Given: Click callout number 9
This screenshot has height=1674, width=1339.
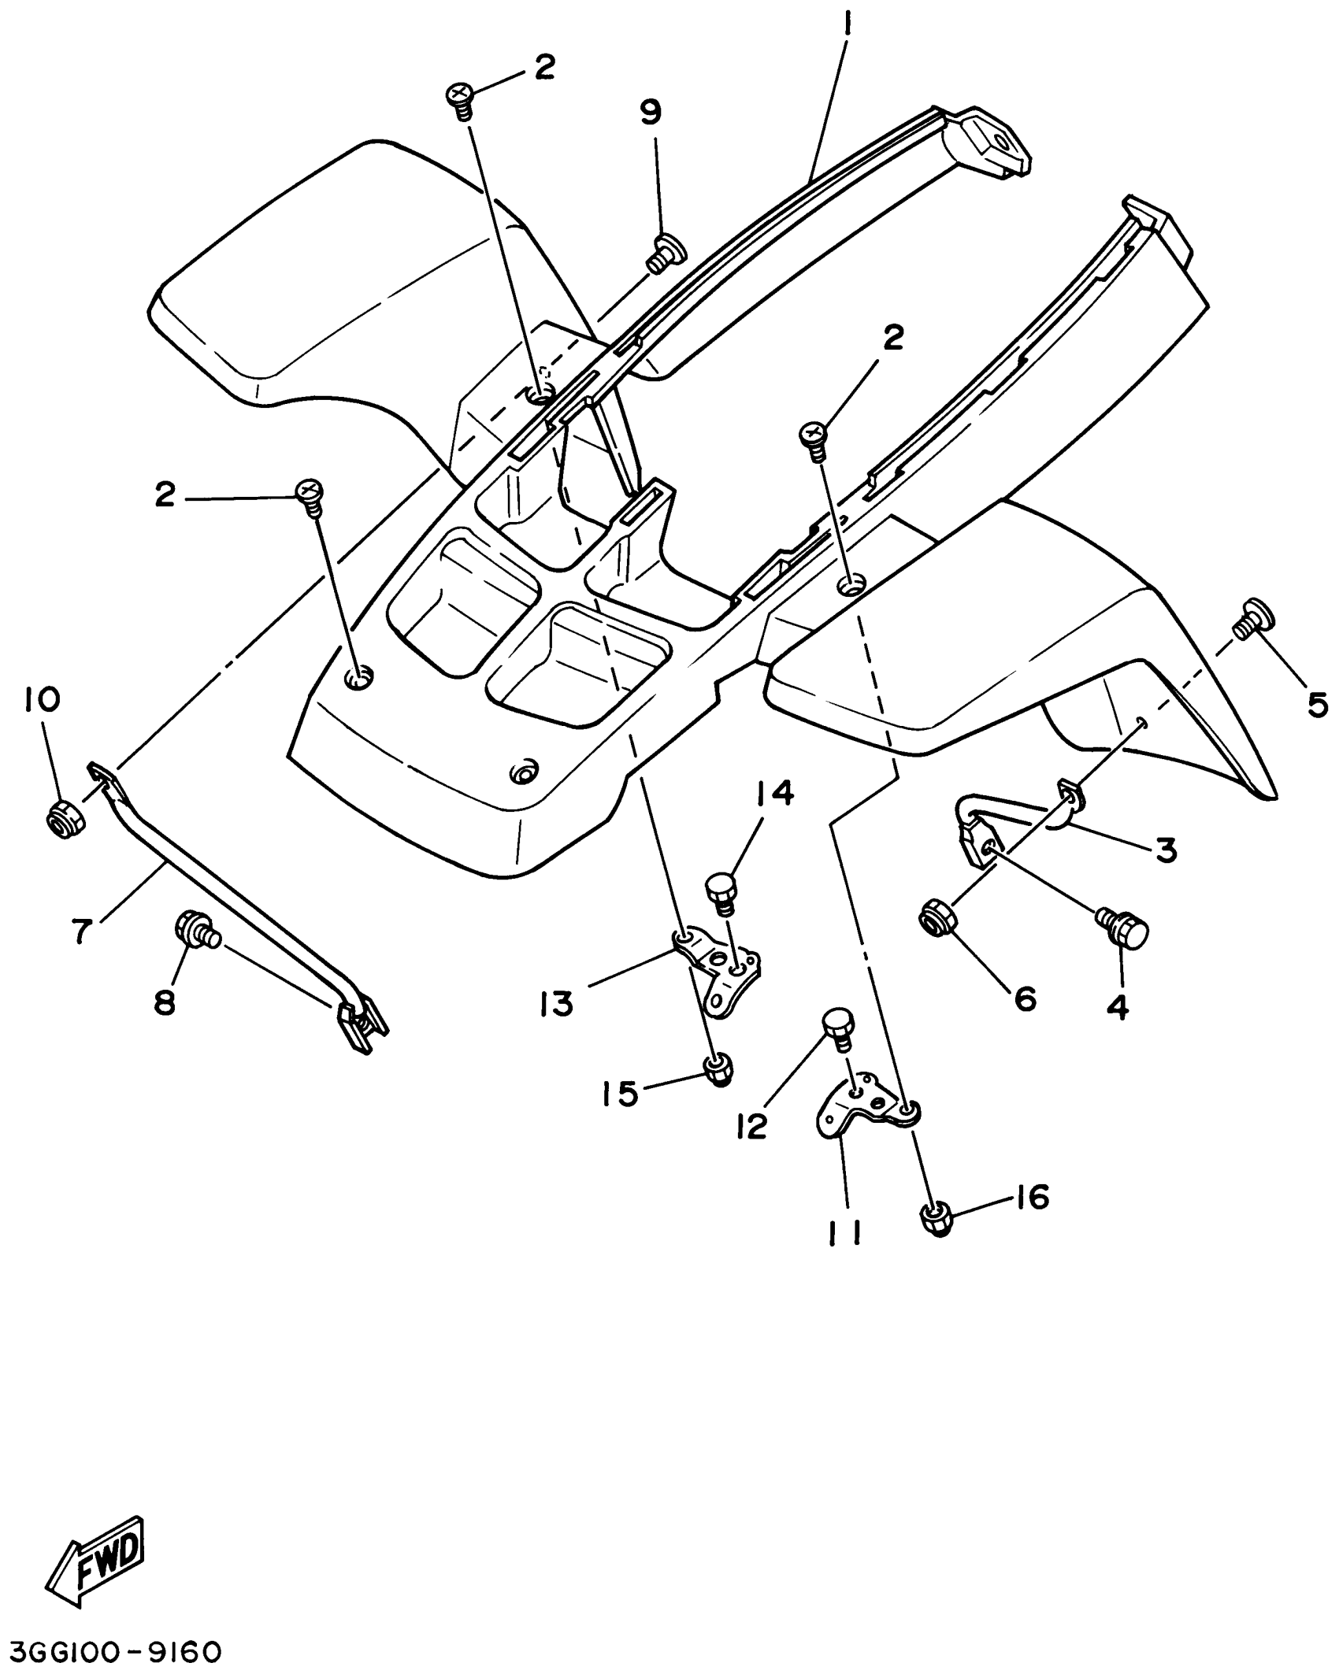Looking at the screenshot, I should pos(651,112).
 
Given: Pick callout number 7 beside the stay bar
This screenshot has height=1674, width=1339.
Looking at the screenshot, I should pos(83,930).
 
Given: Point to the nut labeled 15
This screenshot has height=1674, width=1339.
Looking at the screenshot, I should pos(718,1069).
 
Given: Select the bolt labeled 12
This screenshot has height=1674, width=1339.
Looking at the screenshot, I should pos(836,1029).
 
